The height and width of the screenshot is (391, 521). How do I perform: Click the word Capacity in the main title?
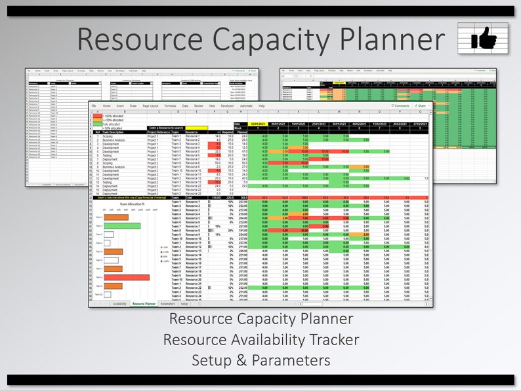tap(268, 40)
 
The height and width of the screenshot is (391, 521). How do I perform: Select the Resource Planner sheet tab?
tap(144, 304)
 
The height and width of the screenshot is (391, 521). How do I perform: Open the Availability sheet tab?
tap(119, 304)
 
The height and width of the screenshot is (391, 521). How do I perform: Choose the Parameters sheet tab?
tap(167, 304)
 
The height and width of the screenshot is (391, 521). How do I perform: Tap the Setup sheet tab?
tap(184, 304)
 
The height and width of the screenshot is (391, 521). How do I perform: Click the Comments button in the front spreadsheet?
tap(400, 105)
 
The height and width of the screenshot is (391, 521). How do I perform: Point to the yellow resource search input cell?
tap(196, 128)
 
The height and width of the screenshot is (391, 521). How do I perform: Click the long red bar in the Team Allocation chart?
tap(127, 277)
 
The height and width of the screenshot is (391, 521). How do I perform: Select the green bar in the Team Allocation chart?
tap(122, 226)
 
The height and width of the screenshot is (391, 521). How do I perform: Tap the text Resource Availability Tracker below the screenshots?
tap(260, 340)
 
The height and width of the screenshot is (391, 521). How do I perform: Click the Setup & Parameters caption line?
tap(260, 360)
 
